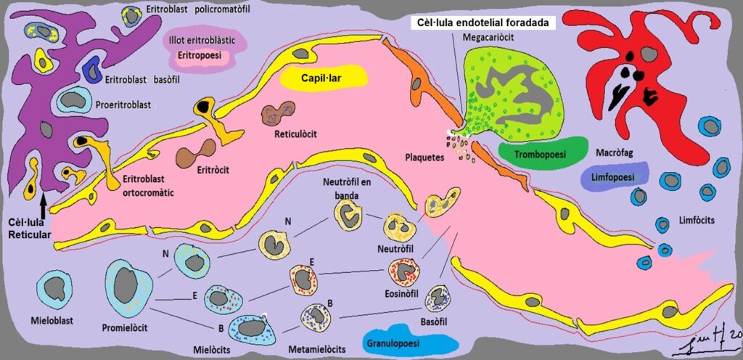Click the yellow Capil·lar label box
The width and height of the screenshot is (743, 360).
(324, 77)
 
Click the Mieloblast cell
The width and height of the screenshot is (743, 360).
(54, 288)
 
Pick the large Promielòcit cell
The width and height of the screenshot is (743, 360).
(129, 287)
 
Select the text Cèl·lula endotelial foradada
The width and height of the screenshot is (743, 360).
(485, 22)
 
